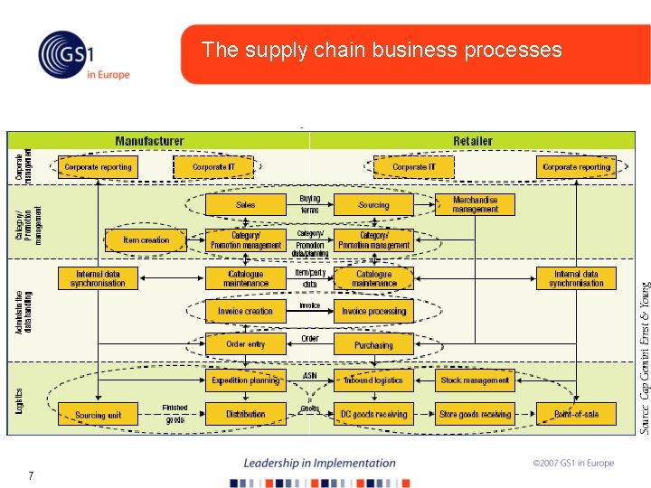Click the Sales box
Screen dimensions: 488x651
246,205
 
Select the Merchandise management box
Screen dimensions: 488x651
475,204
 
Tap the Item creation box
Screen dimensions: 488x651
146,240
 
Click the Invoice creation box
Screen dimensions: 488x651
245,311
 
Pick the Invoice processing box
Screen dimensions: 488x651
374,311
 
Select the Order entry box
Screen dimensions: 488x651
245,344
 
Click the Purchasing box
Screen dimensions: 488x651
373,345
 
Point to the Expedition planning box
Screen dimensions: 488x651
245,380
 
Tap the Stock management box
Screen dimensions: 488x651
475,380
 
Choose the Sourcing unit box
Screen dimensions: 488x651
98,415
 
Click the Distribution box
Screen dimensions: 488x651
245,415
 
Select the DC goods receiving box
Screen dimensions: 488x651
373,415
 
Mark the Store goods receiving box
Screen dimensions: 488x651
475,415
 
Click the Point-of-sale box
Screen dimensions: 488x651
576,415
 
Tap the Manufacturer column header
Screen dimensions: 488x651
149,141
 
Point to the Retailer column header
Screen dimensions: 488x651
473,141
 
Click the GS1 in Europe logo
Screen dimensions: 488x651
83,55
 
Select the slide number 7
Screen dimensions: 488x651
31,475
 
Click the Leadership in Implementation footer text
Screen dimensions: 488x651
319,463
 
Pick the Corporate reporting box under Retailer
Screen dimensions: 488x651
576,167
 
